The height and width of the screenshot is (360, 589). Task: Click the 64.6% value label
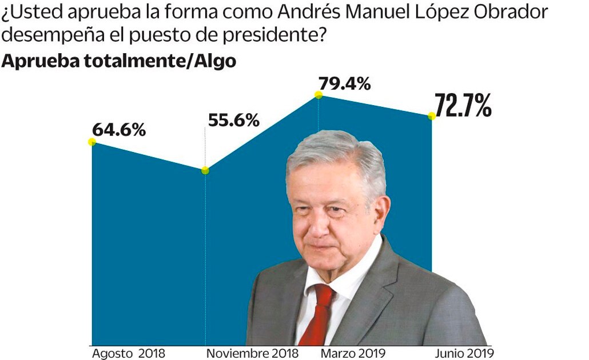[x=119, y=129]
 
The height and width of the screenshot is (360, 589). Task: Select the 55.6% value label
[x=233, y=121]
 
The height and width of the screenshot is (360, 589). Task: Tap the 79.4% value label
[x=344, y=84]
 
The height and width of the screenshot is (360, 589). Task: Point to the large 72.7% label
[x=463, y=106]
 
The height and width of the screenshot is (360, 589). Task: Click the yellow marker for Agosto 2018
[x=92, y=142]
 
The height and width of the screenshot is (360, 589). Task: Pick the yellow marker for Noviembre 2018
[x=205, y=170]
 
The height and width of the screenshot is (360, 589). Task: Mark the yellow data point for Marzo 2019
[x=319, y=96]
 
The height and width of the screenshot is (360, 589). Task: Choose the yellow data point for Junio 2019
[x=432, y=116]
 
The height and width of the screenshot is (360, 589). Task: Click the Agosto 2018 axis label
[x=128, y=353]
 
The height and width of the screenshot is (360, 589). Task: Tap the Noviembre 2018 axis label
[x=252, y=353]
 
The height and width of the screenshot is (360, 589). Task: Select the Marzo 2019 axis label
[x=353, y=353]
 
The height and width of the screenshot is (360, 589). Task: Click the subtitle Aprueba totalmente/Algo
[x=118, y=61]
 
